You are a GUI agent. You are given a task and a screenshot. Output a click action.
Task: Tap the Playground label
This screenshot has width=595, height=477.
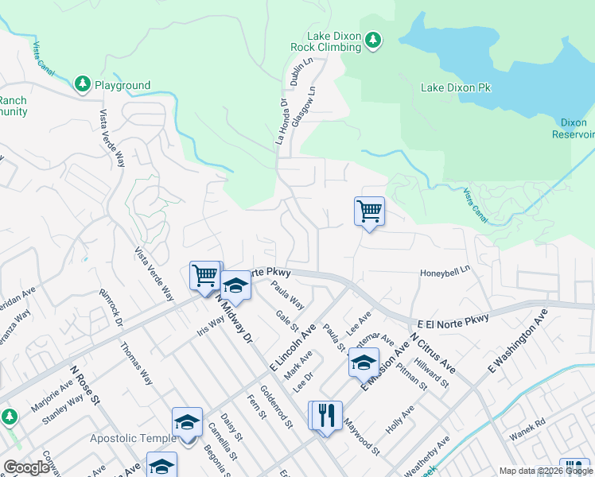click(x=122, y=85)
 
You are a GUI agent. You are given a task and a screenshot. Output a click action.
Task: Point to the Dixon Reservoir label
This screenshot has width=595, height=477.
click(x=574, y=128)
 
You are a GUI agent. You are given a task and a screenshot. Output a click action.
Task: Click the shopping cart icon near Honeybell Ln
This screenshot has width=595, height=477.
click(x=369, y=212)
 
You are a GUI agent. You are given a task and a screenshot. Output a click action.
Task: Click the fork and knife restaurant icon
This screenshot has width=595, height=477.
click(x=325, y=415)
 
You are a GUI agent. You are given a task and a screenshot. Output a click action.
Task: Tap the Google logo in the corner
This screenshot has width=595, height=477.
click(x=26, y=467)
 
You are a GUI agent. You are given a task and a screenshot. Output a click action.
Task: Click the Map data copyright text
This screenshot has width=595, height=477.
click(x=546, y=471)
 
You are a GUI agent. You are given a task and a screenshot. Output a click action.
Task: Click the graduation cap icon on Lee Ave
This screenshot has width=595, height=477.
click(x=364, y=363)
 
